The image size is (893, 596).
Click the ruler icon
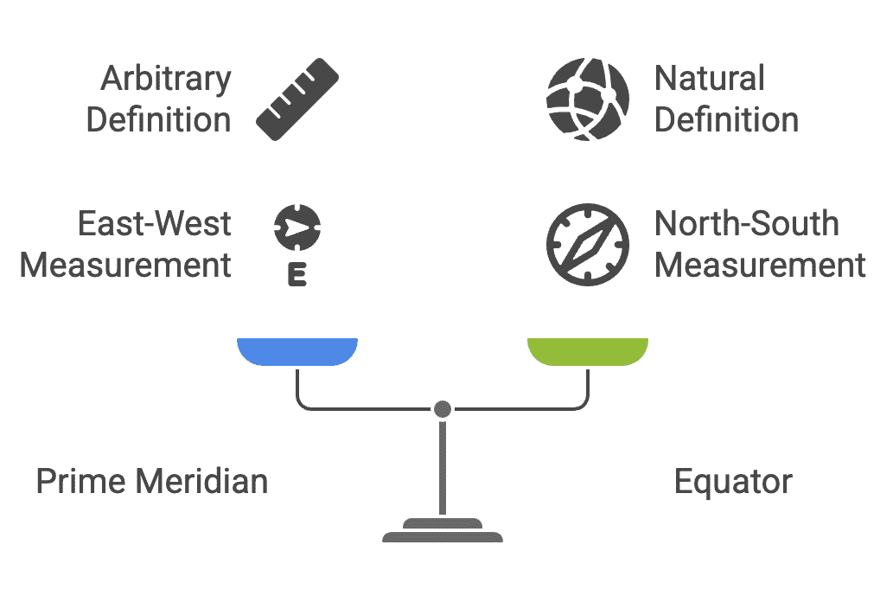click(297, 99)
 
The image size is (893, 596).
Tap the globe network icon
click(588, 99)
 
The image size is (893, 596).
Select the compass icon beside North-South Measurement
click(588, 244)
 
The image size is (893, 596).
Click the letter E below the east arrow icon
click(297, 277)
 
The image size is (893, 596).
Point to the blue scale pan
click(297, 350)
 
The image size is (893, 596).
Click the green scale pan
click(588, 350)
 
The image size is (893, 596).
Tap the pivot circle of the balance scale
click(443, 408)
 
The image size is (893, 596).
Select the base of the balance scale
click(443, 530)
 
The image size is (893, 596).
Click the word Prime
click(79, 481)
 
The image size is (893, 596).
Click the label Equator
click(732, 482)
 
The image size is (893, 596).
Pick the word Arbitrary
click(166, 80)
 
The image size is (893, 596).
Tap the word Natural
click(709, 79)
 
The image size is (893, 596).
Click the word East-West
click(155, 224)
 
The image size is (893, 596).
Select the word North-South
click(746, 224)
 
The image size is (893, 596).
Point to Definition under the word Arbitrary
click(159, 120)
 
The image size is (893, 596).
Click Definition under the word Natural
click(726, 120)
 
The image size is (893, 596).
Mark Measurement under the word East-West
click(125, 265)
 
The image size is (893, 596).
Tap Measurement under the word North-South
click(760, 265)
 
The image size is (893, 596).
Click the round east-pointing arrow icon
click(297, 228)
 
